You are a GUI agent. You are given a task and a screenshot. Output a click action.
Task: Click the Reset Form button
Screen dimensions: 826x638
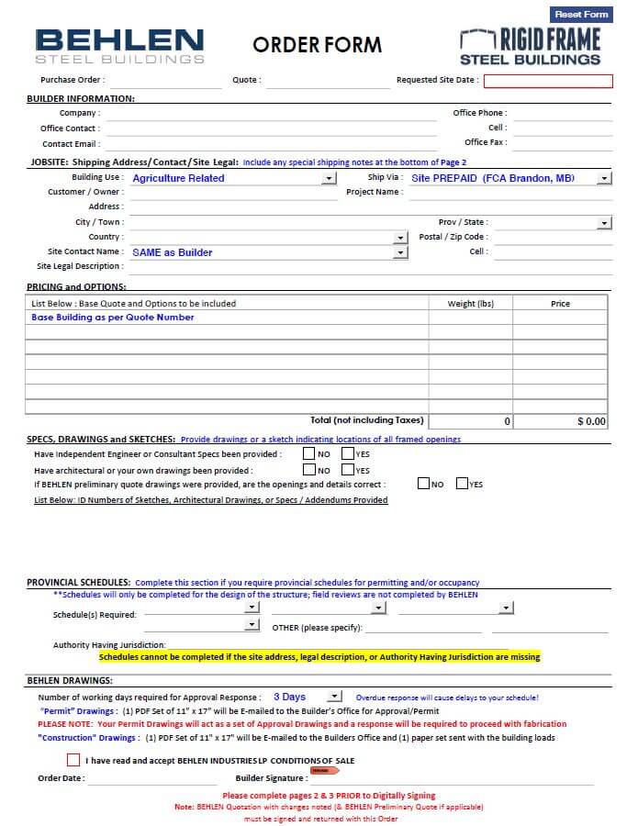coord(581,15)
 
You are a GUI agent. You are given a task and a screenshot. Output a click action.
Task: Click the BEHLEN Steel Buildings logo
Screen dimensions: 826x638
coord(119,46)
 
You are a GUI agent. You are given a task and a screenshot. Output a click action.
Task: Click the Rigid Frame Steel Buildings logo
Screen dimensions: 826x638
coord(530,47)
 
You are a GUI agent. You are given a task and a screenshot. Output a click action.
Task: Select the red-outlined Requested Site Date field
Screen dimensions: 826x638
coord(548,81)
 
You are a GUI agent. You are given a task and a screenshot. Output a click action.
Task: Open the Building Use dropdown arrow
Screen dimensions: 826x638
coord(330,178)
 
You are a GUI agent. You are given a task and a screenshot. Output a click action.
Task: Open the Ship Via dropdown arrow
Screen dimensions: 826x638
coord(604,178)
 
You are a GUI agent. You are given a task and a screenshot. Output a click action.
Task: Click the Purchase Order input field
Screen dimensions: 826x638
coord(165,81)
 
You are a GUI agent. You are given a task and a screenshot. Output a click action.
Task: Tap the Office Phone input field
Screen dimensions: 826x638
coord(561,113)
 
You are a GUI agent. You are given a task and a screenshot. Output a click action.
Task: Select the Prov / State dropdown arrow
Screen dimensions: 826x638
coord(604,222)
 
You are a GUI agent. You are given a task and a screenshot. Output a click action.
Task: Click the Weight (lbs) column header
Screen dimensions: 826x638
coord(470,304)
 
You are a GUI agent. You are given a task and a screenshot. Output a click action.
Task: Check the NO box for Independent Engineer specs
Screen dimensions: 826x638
coord(309,453)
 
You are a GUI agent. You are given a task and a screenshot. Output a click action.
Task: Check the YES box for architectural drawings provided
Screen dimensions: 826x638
coord(348,470)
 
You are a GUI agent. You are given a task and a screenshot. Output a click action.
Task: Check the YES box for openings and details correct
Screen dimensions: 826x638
coord(462,484)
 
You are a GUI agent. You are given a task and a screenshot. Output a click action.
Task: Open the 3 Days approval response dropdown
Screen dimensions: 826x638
coord(334,698)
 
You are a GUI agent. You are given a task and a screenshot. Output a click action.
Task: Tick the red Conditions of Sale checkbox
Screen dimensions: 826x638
coord(73,760)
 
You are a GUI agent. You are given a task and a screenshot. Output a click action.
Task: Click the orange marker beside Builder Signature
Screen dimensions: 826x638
coord(319,771)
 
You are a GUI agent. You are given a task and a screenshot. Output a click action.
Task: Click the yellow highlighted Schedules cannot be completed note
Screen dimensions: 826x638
coord(319,657)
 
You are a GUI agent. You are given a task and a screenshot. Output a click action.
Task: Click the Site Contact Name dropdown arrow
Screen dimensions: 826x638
coord(400,252)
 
